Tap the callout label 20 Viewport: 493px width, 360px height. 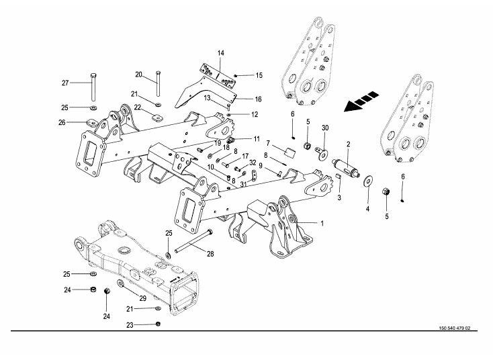(x=138, y=75)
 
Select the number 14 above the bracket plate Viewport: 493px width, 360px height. (x=220, y=52)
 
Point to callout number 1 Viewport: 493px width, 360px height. (x=322, y=223)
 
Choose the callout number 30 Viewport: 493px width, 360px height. (x=325, y=128)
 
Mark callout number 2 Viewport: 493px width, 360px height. (x=349, y=144)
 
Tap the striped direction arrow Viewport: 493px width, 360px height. (x=357, y=103)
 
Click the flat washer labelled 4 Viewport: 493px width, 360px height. (x=369, y=182)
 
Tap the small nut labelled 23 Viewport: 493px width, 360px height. (x=157, y=324)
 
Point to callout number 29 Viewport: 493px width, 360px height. (x=143, y=298)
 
